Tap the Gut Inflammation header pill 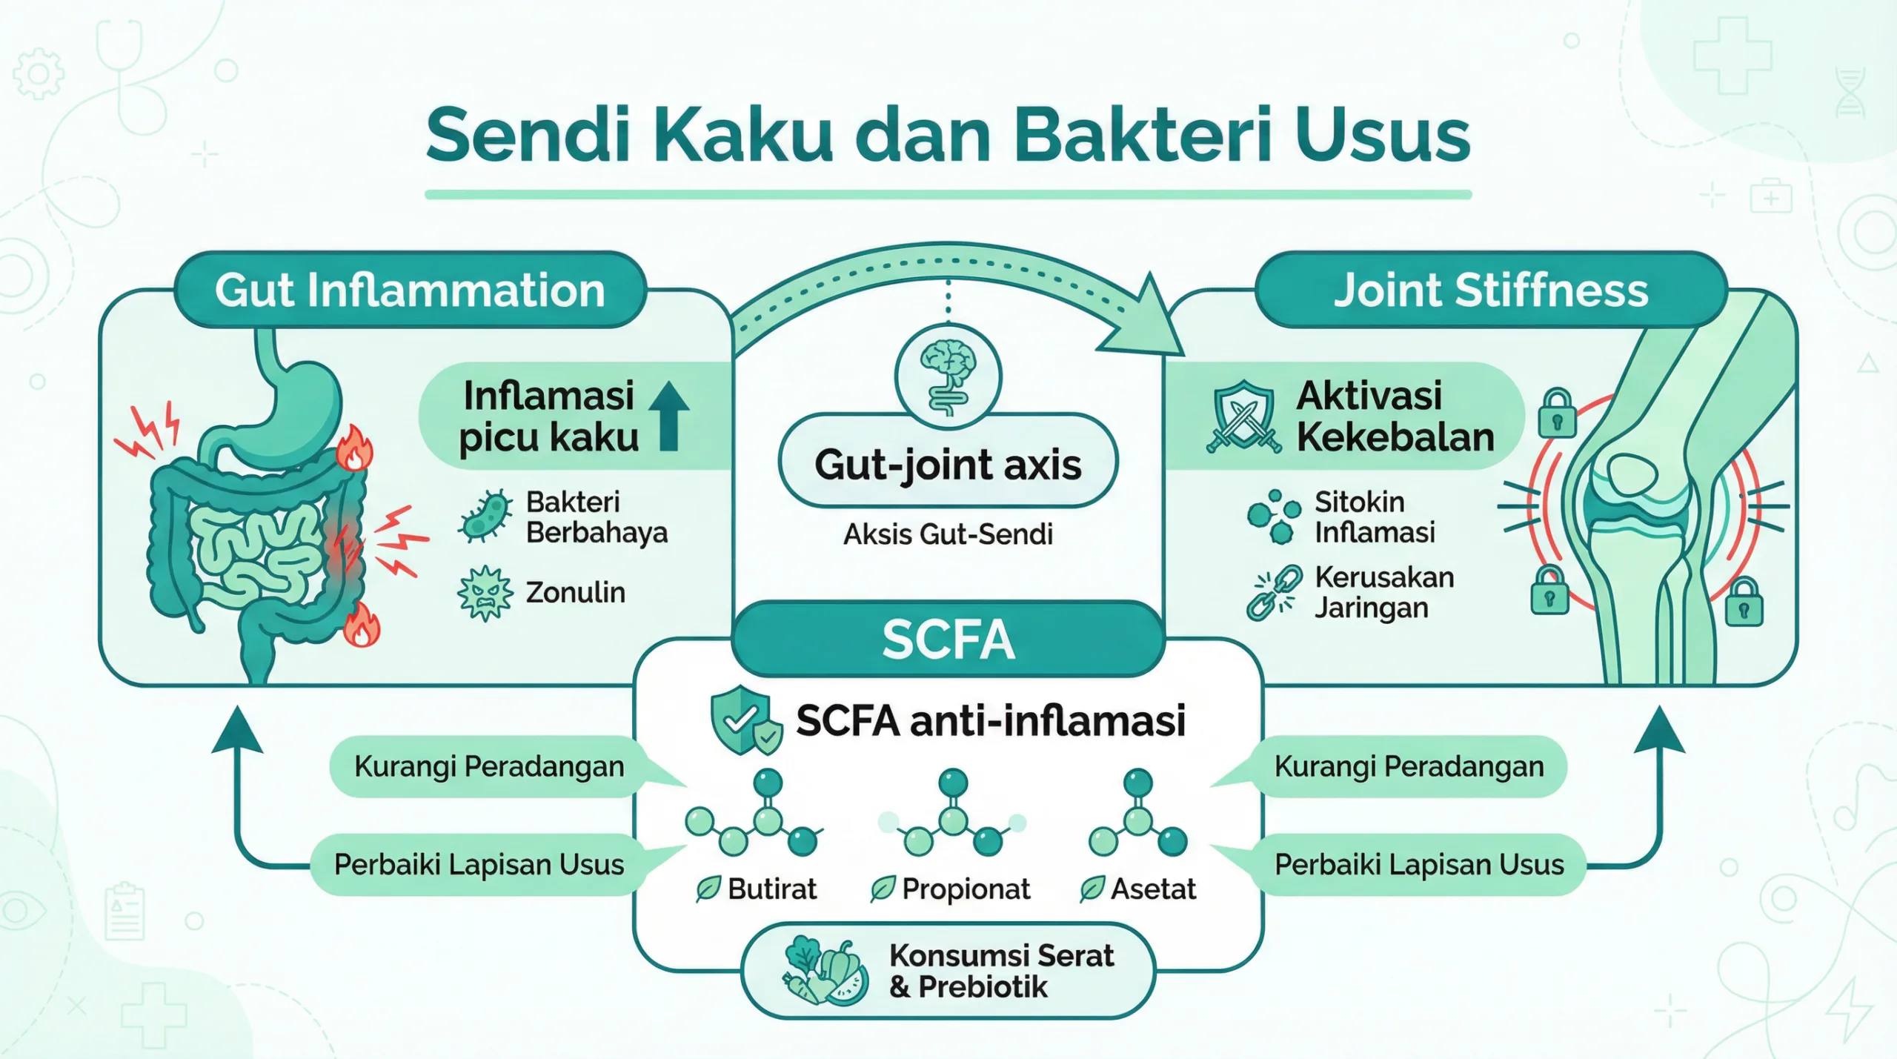(410, 290)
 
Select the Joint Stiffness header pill (1491, 290)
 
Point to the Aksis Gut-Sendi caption (948, 534)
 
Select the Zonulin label (575, 593)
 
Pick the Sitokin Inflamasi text (1375, 517)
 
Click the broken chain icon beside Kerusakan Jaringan (1274, 592)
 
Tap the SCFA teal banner (948, 640)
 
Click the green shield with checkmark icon (744, 720)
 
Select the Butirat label (771, 889)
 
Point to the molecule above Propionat (952, 815)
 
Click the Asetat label (1153, 889)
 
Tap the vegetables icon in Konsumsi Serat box (825, 972)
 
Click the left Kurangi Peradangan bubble (489, 766)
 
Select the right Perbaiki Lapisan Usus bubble (1418, 865)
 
